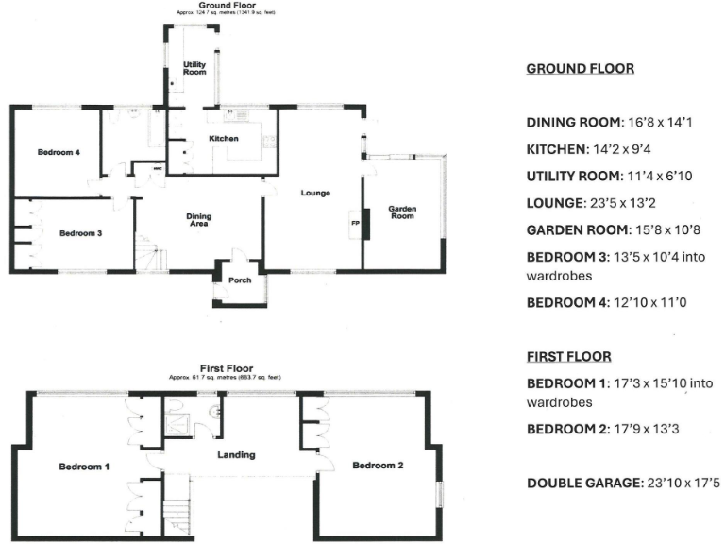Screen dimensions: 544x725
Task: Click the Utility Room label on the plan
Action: click(x=194, y=68)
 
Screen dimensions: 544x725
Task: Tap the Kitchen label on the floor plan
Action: click(x=223, y=138)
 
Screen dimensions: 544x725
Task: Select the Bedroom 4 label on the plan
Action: click(x=58, y=152)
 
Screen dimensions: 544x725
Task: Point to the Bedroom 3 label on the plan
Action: click(x=79, y=233)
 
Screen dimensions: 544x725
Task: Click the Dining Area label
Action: click(x=198, y=220)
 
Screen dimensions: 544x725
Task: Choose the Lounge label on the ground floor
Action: click(x=314, y=194)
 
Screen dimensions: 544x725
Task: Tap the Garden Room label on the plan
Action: click(x=403, y=212)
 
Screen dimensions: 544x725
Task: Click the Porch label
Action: click(x=240, y=280)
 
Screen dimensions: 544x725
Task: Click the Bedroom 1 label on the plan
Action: click(x=85, y=467)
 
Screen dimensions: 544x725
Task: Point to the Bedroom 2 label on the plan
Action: click(x=378, y=466)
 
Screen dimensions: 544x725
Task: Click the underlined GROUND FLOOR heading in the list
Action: click(x=580, y=69)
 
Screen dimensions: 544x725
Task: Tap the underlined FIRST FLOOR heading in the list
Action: click(x=568, y=356)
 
